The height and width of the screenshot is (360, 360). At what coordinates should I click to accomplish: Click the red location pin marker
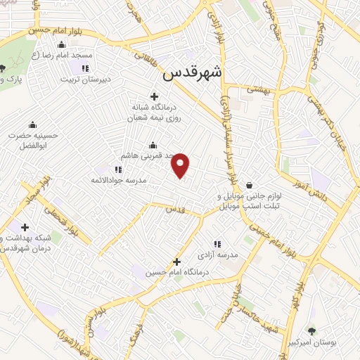[x=181, y=166]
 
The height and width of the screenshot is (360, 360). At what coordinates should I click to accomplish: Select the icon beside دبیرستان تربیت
[x=84, y=68]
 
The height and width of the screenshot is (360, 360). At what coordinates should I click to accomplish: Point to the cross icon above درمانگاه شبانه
[x=155, y=96]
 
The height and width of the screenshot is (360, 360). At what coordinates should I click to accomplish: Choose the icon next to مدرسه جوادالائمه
[x=118, y=169]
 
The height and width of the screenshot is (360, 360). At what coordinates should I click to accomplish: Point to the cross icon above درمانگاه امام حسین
[x=177, y=262]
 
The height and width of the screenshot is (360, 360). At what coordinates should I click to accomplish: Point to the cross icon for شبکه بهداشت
[x=25, y=227]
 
